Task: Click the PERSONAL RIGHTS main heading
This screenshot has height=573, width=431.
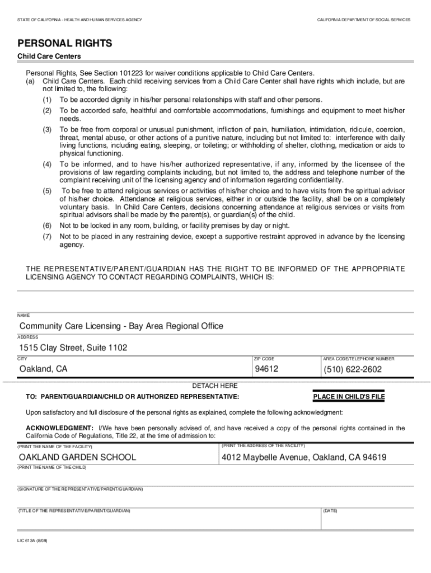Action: pyautogui.click(x=65, y=43)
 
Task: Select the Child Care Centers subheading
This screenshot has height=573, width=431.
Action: pyautogui.click(x=49, y=57)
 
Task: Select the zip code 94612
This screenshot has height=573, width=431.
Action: pyautogui.click(x=266, y=369)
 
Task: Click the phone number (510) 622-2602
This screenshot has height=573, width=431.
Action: pyautogui.click(x=352, y=369)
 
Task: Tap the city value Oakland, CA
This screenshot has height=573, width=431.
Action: pyautogui.click(x=43, y=369)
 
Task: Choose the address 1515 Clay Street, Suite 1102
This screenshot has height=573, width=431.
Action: pyautogui.click(x=73, y=347)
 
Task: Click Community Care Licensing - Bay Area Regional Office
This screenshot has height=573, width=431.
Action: pyautogui.click(x=121, y=326)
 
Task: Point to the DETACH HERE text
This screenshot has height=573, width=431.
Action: pyautogui.click(x=215, y=386)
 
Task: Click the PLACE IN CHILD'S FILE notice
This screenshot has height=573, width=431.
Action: pyautogui.click(x=349, y=397)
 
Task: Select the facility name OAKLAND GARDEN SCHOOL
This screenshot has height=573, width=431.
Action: pyautogui.click(x=78, y=457)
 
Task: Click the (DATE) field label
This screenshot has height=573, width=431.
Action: pyautogui.click(x=330, y=510)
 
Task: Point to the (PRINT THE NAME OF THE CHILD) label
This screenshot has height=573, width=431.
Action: pyautogui.click(x=52, y=467)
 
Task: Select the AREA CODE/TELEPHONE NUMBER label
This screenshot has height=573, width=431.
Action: pyautogui.click(x=359, y=359)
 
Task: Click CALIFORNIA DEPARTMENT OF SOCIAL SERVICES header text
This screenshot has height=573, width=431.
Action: pyautogui.click(x=363, y=20)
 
